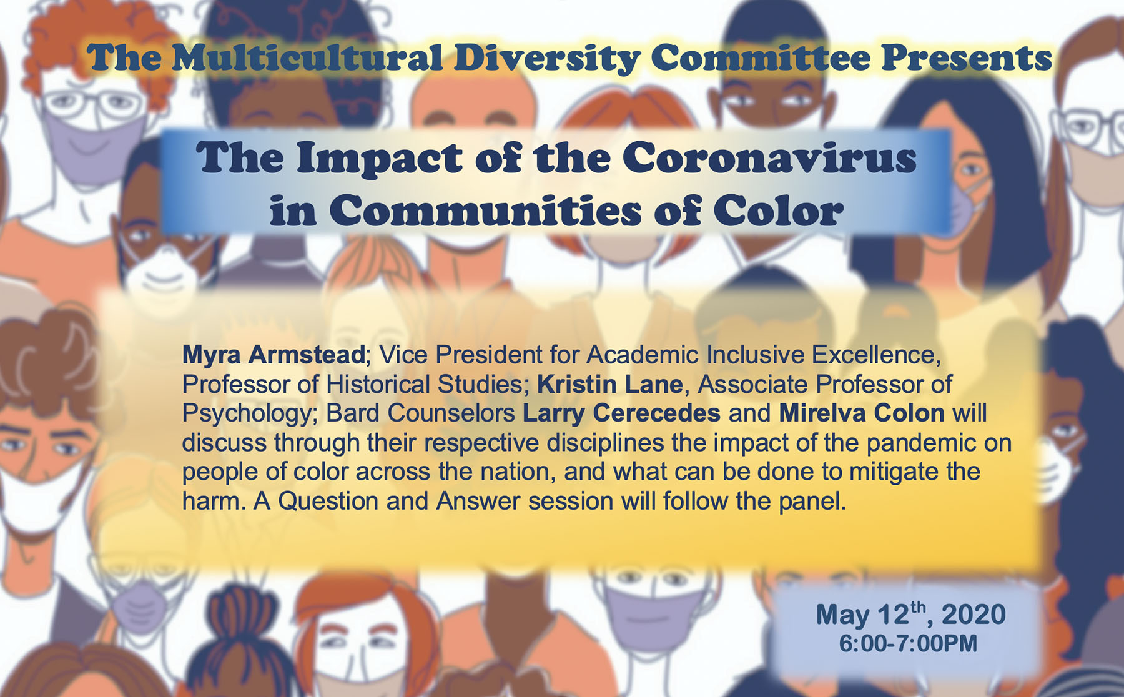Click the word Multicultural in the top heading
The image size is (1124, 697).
[x=307, y=57]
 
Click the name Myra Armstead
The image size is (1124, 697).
[x=273, y=355]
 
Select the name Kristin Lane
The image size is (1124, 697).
[x=609, y=384]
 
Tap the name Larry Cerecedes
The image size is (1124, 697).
[x=621, y=413]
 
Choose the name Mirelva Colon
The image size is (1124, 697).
[x=862, y=413]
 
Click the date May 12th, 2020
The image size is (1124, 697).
[x=910, y=615]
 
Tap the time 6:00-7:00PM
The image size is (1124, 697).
[x=908, y=643]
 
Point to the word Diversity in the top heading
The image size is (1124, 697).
[x=547, y=59]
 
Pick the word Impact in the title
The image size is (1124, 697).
[x=379, y=159]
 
